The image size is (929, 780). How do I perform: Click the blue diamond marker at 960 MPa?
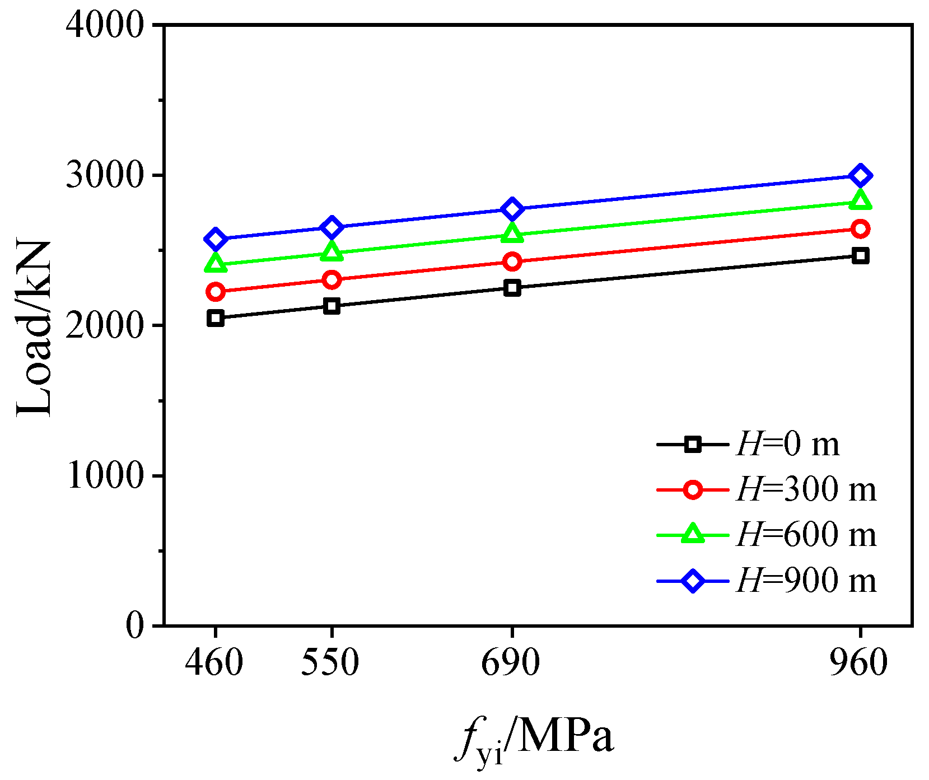[x=860, y=176]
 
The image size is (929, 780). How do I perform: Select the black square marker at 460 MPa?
[x=216, y=318]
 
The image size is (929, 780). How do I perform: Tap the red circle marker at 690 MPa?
[x=512, y=261]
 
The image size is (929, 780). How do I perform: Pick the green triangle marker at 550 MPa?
[x=332, y=253]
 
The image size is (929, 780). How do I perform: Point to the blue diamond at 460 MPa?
[x=216, y=239]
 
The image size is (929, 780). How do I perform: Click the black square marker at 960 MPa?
[x=860, y=256]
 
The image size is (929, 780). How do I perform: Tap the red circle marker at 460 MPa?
[x=216, y=291]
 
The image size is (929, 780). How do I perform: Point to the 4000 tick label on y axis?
[x=105, y=26]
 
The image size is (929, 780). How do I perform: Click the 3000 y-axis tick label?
[x=105, y=176]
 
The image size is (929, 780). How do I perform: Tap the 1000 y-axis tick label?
[x=105, y=476]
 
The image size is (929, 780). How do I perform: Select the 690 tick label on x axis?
[x=511, y=663]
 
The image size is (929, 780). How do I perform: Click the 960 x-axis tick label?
[x=859, y=663]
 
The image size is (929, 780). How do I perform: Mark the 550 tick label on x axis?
[x=330, y=663]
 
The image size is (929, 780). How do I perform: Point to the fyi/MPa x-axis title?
[x=535, y=739]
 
